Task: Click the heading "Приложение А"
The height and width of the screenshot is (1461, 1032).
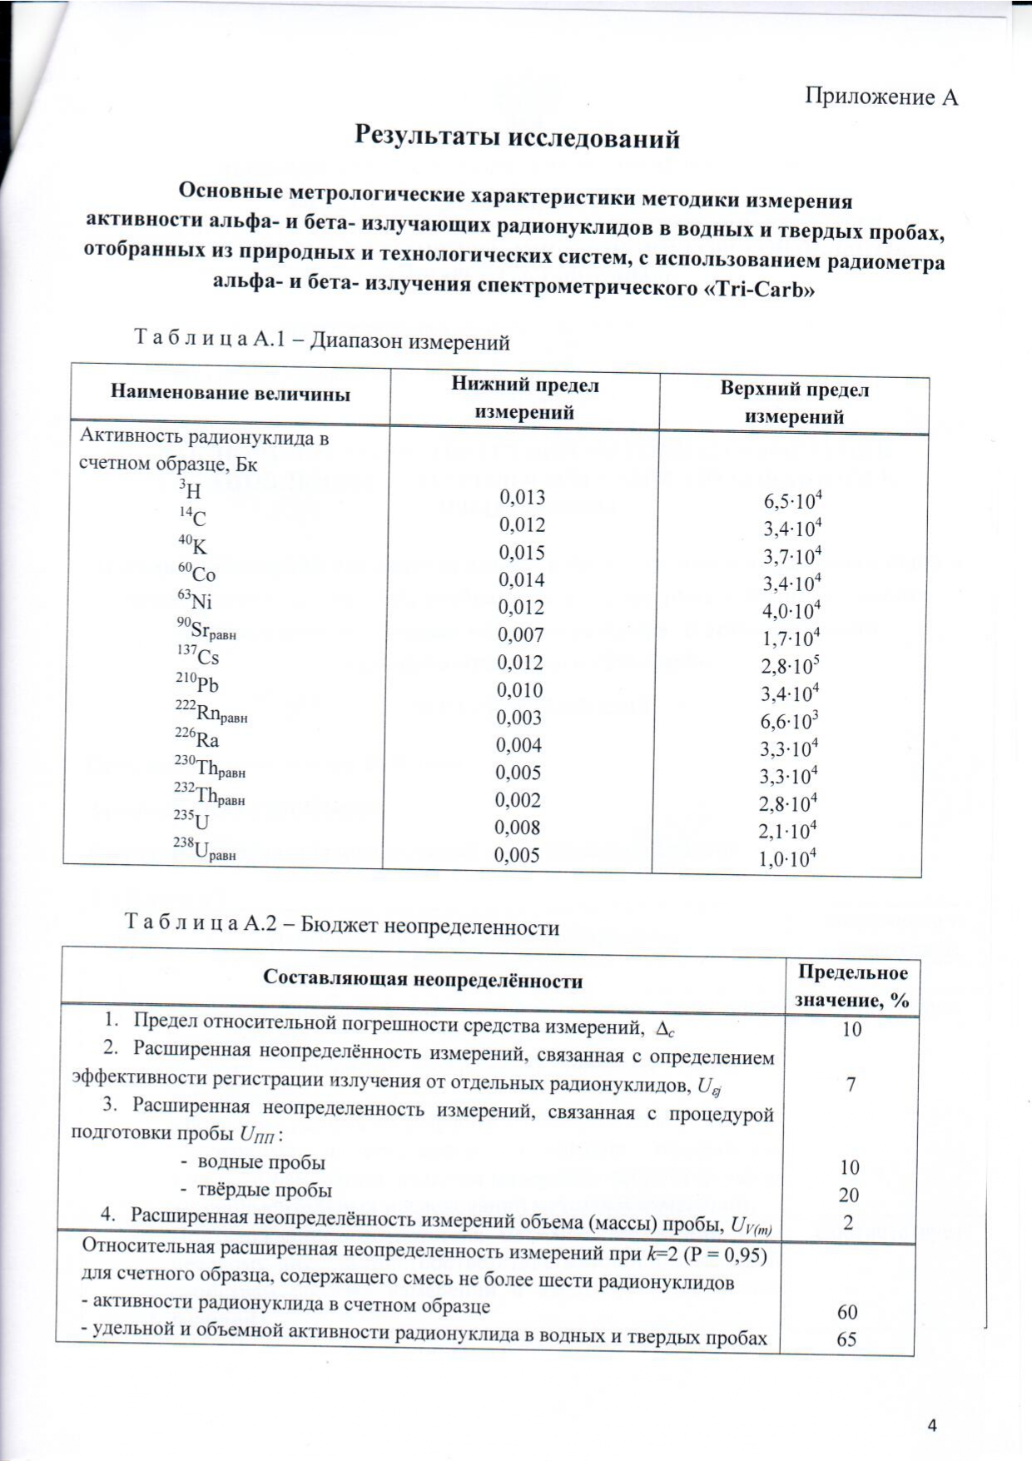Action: pos(881,97)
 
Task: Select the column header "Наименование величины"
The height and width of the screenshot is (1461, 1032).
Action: pos(231,394)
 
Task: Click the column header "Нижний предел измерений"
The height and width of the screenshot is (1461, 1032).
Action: pos(524,398)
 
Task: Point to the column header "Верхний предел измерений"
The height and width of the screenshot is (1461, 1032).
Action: pos(794,403)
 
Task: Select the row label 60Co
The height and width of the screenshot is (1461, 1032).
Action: pos(196,574)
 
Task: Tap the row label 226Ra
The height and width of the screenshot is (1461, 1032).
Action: pos(197,739)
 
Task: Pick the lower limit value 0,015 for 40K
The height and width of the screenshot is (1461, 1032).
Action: pos(522,553)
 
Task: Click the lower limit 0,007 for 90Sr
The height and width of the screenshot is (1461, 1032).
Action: pos(521,635)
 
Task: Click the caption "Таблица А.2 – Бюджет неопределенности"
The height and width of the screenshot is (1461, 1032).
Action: pos(342,925)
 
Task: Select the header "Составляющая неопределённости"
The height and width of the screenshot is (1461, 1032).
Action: pos(423,980)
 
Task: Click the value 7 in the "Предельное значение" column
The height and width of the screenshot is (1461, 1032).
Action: pos(851,1084)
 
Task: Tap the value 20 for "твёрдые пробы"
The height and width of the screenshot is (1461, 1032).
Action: pos(849,1195)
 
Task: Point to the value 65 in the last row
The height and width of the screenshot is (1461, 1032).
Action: pos(847,1339)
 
